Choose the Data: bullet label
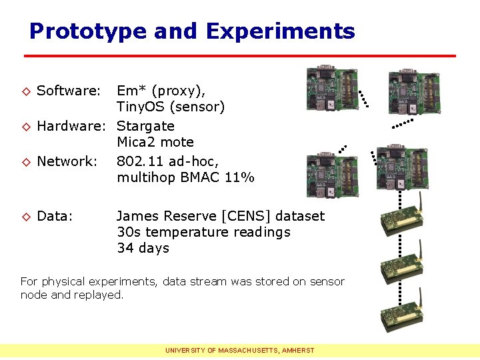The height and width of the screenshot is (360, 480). [54, 216]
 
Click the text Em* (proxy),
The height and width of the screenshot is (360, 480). [161, 91]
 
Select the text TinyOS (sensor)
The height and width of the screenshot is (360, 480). [171, 107]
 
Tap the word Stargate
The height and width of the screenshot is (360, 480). [145, 126]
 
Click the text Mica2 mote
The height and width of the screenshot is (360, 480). [155, 142]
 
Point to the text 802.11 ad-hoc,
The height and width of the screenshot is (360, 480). [167, 161]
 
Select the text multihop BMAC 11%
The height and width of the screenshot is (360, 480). [185, 177]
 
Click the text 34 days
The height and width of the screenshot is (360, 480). [143, 248]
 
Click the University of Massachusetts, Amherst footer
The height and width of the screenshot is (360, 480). [240, 350]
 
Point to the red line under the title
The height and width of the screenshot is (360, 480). [240, 55]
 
